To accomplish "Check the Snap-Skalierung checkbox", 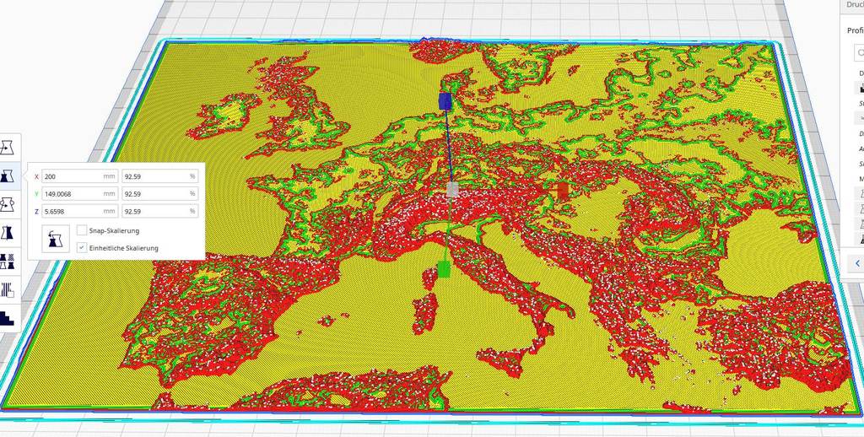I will click(81, 230).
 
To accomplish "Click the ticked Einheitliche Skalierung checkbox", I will click(81, 247).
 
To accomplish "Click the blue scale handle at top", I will click(445, 101).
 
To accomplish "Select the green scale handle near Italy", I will click(444, 269).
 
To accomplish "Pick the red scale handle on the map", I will click(563, 191).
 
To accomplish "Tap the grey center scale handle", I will click(452, 190).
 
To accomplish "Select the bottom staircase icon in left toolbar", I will click(8, 318).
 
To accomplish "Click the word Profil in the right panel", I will click(854, 30).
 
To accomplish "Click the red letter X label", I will click(36, 176).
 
